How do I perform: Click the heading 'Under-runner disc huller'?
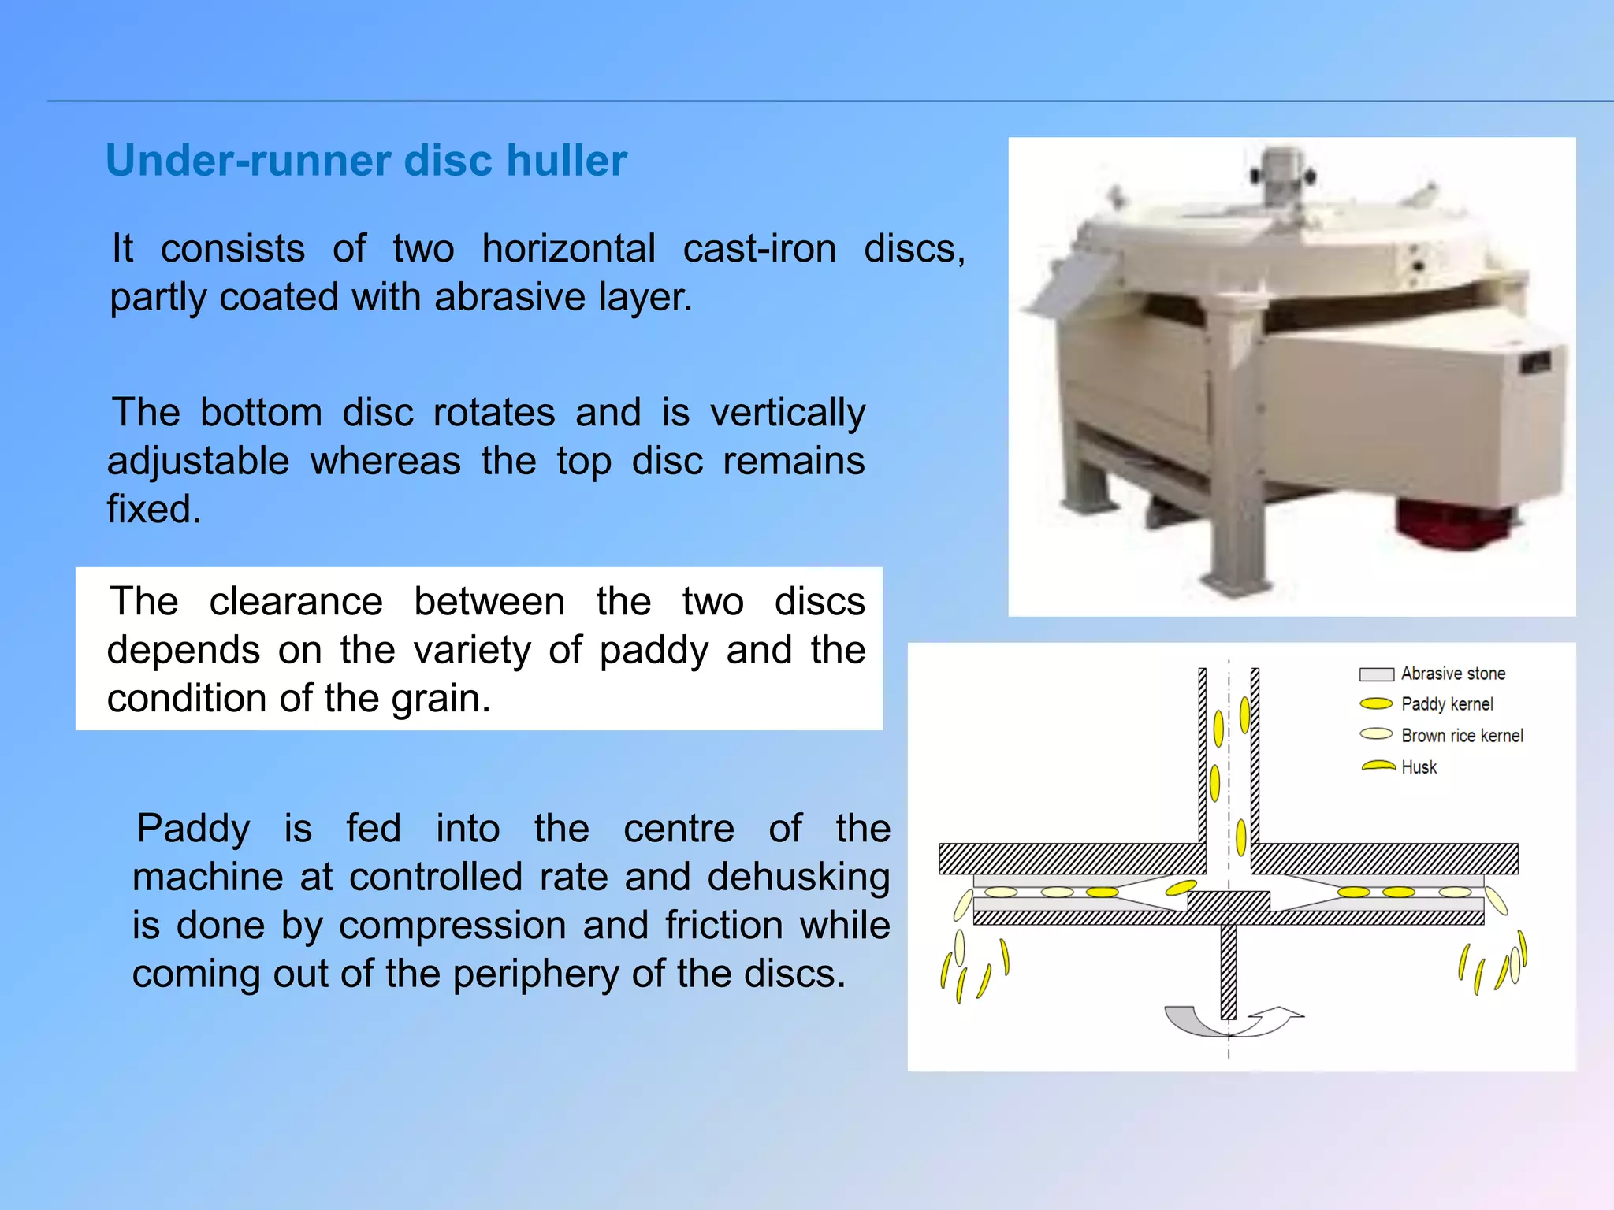(x=366, y=161)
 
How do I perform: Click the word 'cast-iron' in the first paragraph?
(x=759, y=249)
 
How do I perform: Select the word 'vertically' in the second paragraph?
(x=787, y=413)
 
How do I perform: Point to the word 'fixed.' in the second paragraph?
(x=154, y=509)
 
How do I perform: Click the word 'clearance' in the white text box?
(x=296, y=602)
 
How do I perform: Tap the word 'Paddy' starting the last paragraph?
(x=193, y=829)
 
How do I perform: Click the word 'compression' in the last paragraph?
(x=452, y=926)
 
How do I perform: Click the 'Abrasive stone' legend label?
(x=1452, y=674)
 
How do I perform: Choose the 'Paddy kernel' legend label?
(x=1446, y=704)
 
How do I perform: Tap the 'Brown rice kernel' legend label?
(x=1461, y=736)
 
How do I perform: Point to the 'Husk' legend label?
(x=1419, y=767)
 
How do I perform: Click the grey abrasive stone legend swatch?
(x=1376, y=674)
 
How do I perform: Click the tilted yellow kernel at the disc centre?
(x=1181, y=888)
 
